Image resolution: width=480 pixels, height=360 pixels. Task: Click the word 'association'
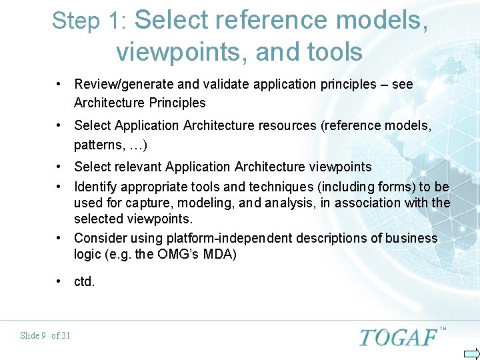click(367, 203)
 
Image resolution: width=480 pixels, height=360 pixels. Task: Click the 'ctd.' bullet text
click(85, 282)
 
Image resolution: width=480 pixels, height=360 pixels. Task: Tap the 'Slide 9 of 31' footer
click(45, 335)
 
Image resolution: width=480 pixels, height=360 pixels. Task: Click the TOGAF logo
click(399, 337)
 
